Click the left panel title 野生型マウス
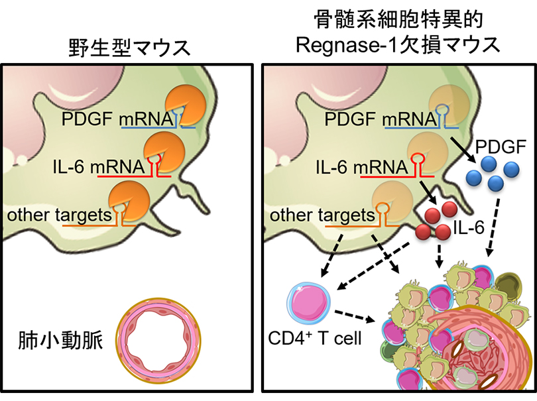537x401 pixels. [129, 48]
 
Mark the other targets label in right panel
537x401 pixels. [319, 215]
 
